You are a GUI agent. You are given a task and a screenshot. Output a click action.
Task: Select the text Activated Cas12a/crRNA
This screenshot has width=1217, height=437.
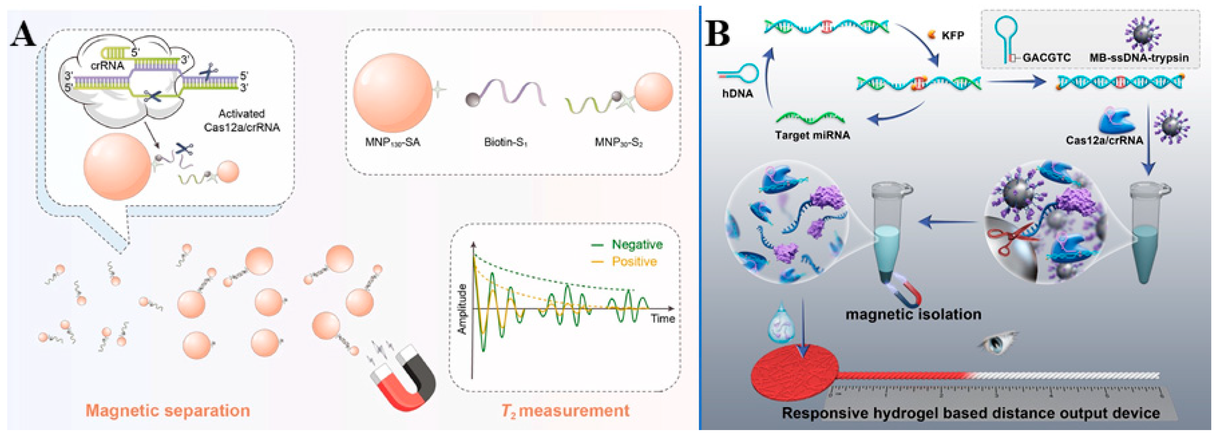tap(241, 120)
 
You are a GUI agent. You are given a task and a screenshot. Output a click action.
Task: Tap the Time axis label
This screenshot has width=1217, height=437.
tap(663, 319)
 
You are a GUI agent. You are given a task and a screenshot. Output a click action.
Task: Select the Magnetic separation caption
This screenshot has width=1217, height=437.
tap(168, 410)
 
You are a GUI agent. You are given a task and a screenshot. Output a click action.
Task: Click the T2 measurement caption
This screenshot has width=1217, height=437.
tap(565, 410)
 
